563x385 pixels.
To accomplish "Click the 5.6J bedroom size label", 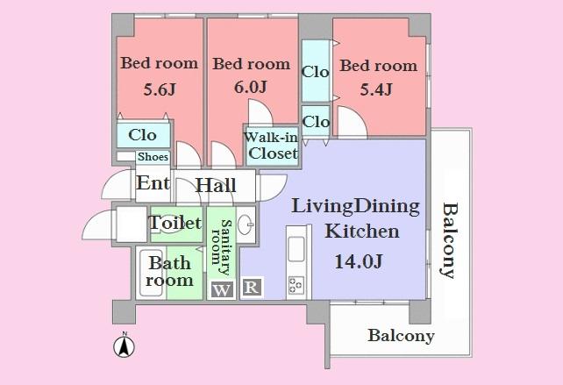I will (x=160, y=89).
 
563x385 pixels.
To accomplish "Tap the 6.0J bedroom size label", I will (x=251, y=88).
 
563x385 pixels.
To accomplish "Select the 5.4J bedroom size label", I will (x=375, y=89).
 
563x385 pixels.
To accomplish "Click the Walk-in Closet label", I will (x=273, y=146).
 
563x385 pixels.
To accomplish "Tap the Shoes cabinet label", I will (x=153, y=157).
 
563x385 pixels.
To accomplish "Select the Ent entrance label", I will (x=153, y=184).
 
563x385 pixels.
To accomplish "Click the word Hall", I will (x=216, y=186).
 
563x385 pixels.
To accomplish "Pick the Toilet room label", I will (x=175, y=224).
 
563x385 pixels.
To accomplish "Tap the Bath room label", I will (x=169, y=272).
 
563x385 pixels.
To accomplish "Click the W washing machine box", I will (x=222, y=289).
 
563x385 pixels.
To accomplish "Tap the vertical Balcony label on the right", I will (x=450, y=239).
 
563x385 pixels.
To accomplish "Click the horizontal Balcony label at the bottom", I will (x=401, y=336).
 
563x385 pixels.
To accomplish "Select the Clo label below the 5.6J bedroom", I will (x=143, y=135).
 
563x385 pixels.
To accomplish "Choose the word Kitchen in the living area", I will (x=362, y=232).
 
